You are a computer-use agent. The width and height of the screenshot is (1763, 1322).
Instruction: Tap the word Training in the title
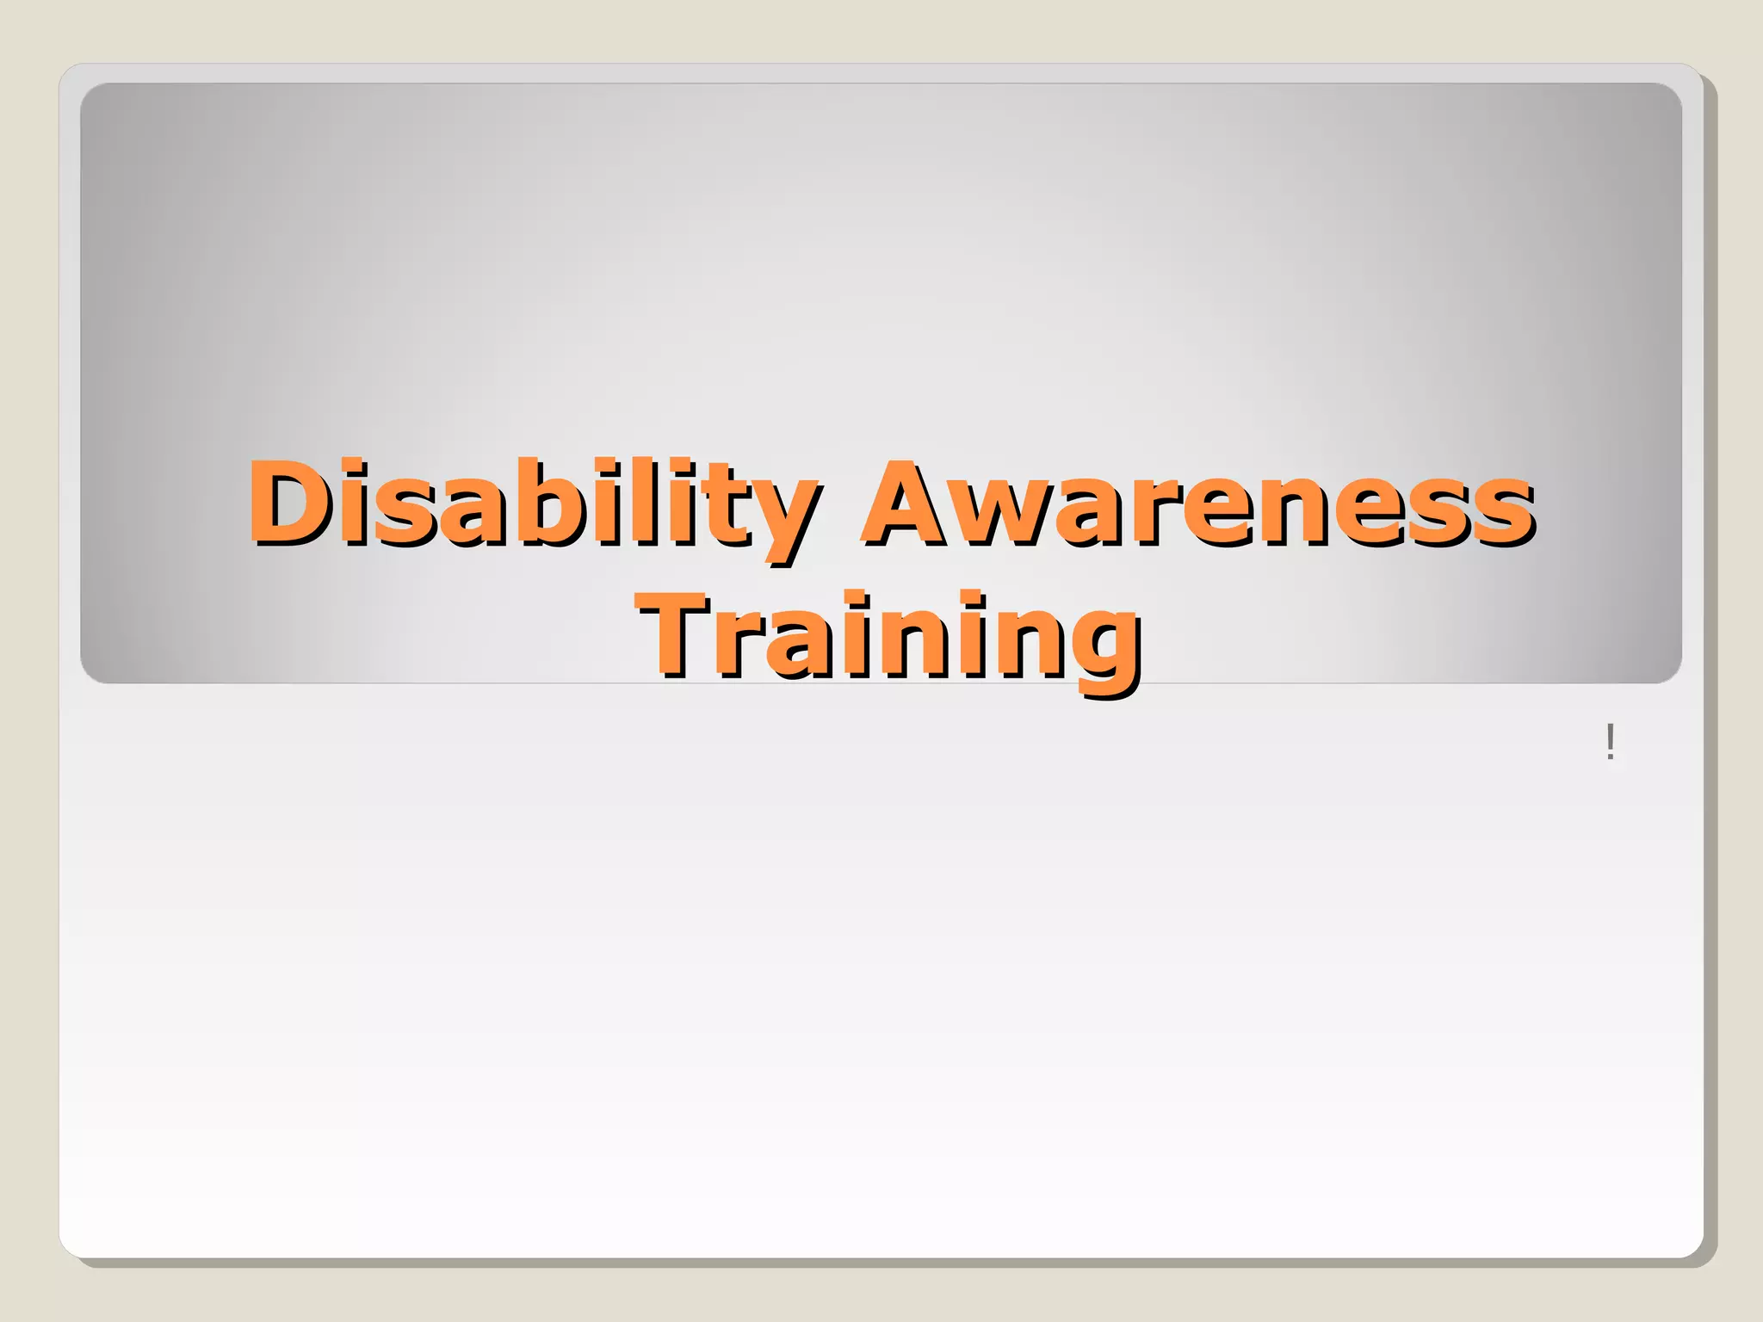pos(890,637)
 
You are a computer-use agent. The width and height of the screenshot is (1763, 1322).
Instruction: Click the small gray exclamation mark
pos(1610,742)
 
